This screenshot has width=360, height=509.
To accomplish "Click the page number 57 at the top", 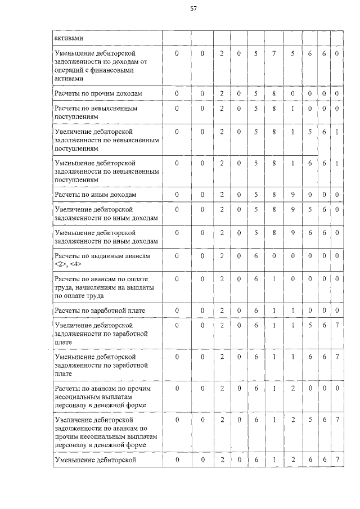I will (193, 8).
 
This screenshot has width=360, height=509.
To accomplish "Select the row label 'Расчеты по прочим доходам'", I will (94, 93).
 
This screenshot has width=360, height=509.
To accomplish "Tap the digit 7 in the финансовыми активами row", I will (273, 54).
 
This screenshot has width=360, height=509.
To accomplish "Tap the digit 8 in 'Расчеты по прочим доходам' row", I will (273, 93).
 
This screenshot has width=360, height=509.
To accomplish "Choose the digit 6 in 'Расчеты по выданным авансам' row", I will (256, 256).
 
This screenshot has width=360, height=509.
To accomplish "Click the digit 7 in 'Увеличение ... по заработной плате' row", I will (336, 325).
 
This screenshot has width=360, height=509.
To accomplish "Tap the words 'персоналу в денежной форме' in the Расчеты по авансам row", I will (100, 404).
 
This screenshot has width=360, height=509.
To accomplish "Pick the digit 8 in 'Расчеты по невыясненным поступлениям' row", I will (273, 108).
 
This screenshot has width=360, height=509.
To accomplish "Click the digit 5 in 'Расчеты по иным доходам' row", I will (256, 195).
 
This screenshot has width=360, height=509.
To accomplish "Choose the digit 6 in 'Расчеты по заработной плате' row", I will (256, 310).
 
